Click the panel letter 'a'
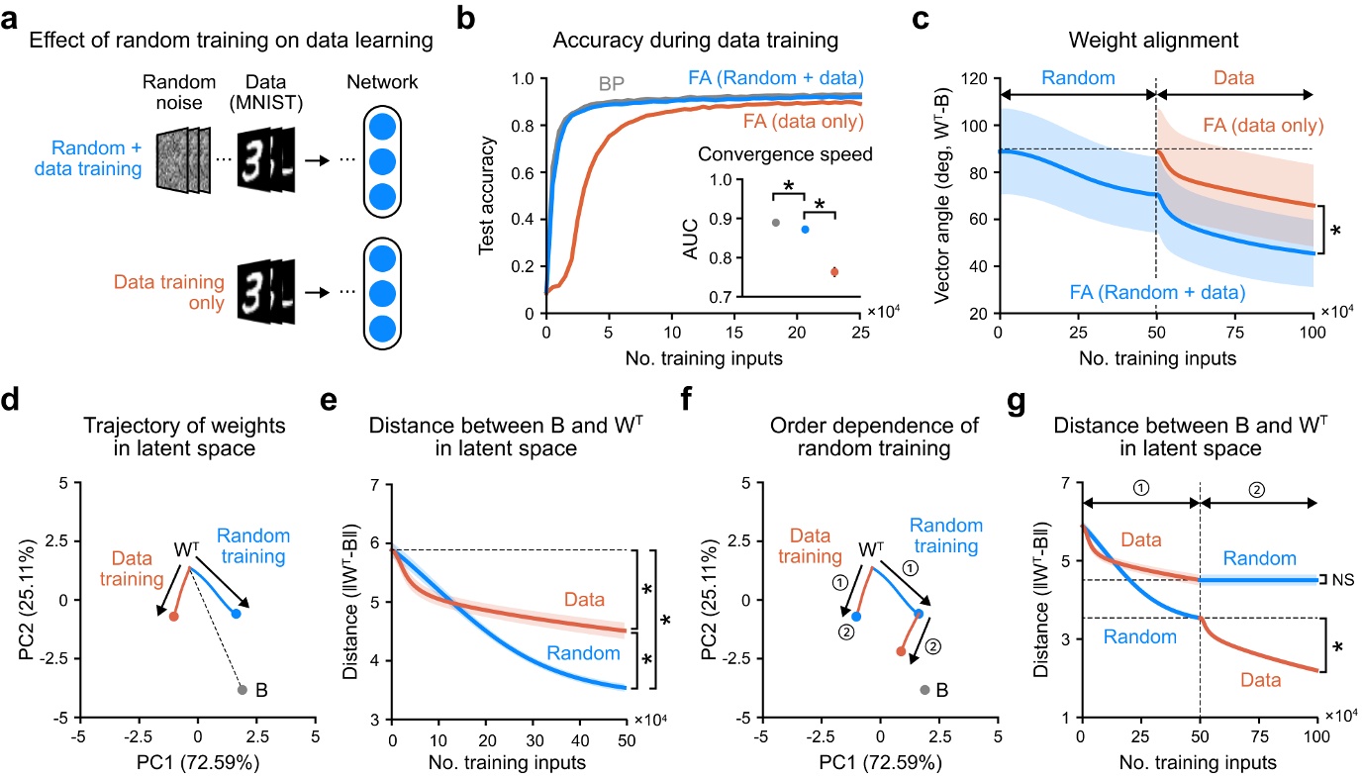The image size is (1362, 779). coord(13,15)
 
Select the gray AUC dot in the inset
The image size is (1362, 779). coord(775,223)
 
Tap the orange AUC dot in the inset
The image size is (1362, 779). coord(834,271)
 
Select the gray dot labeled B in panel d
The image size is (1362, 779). coord(242,690)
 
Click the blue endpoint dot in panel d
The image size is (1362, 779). coord(236,614)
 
